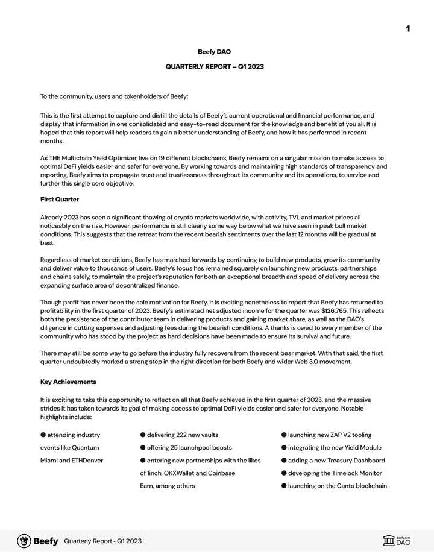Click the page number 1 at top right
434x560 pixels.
[x=408, y=29]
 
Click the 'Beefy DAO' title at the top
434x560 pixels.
[x=214, y=52]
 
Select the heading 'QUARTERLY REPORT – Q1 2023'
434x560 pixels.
[x=214, y=66]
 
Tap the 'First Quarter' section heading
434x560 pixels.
[x=60, y=199]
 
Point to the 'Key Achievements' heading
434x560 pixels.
[x=68, y=382]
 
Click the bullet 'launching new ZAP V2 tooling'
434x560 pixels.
[x=330, y=435]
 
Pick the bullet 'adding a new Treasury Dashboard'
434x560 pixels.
[x=336, y=461]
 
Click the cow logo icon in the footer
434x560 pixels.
[x=24, y=541]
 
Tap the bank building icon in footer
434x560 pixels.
[x=389, y=541]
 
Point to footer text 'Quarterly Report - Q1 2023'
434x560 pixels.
[x=102, y=541]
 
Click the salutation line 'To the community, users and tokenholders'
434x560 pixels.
[x=114, y=96]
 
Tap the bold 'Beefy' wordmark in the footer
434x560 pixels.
[x=46, y=541]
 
